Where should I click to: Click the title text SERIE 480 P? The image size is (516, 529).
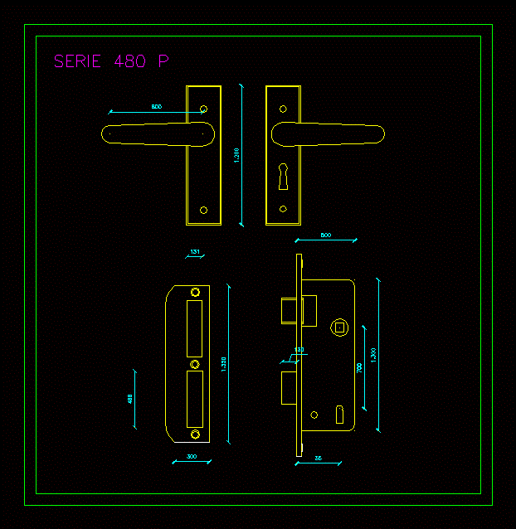pos(111,61)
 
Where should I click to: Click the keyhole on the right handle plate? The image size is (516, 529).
pos(283,173)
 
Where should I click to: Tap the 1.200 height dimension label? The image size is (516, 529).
pos(236,155)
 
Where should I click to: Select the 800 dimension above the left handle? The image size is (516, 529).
pos(156,107)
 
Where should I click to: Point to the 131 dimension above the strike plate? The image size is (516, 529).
pos(195,251)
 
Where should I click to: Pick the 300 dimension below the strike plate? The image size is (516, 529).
pos(192,457)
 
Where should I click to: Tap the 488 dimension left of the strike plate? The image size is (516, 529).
pos(130,398)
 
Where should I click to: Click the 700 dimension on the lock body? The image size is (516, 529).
pos(359,367)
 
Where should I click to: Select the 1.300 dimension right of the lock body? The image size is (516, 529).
pos(373,354)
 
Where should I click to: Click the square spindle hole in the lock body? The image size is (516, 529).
pos(338,328)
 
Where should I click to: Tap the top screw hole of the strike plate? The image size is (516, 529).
pos(196,292)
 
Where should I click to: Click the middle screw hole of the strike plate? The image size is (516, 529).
pos(196,364)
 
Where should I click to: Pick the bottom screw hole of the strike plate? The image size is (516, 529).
pos(196,434)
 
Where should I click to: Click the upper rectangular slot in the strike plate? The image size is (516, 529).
pos(196,328)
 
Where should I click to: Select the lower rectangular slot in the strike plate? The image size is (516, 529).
pos(196,399)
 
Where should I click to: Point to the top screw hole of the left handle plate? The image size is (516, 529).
pos(204,108)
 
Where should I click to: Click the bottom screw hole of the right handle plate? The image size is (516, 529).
pos(283,209)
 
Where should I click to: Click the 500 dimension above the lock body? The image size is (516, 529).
pos(326,236)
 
